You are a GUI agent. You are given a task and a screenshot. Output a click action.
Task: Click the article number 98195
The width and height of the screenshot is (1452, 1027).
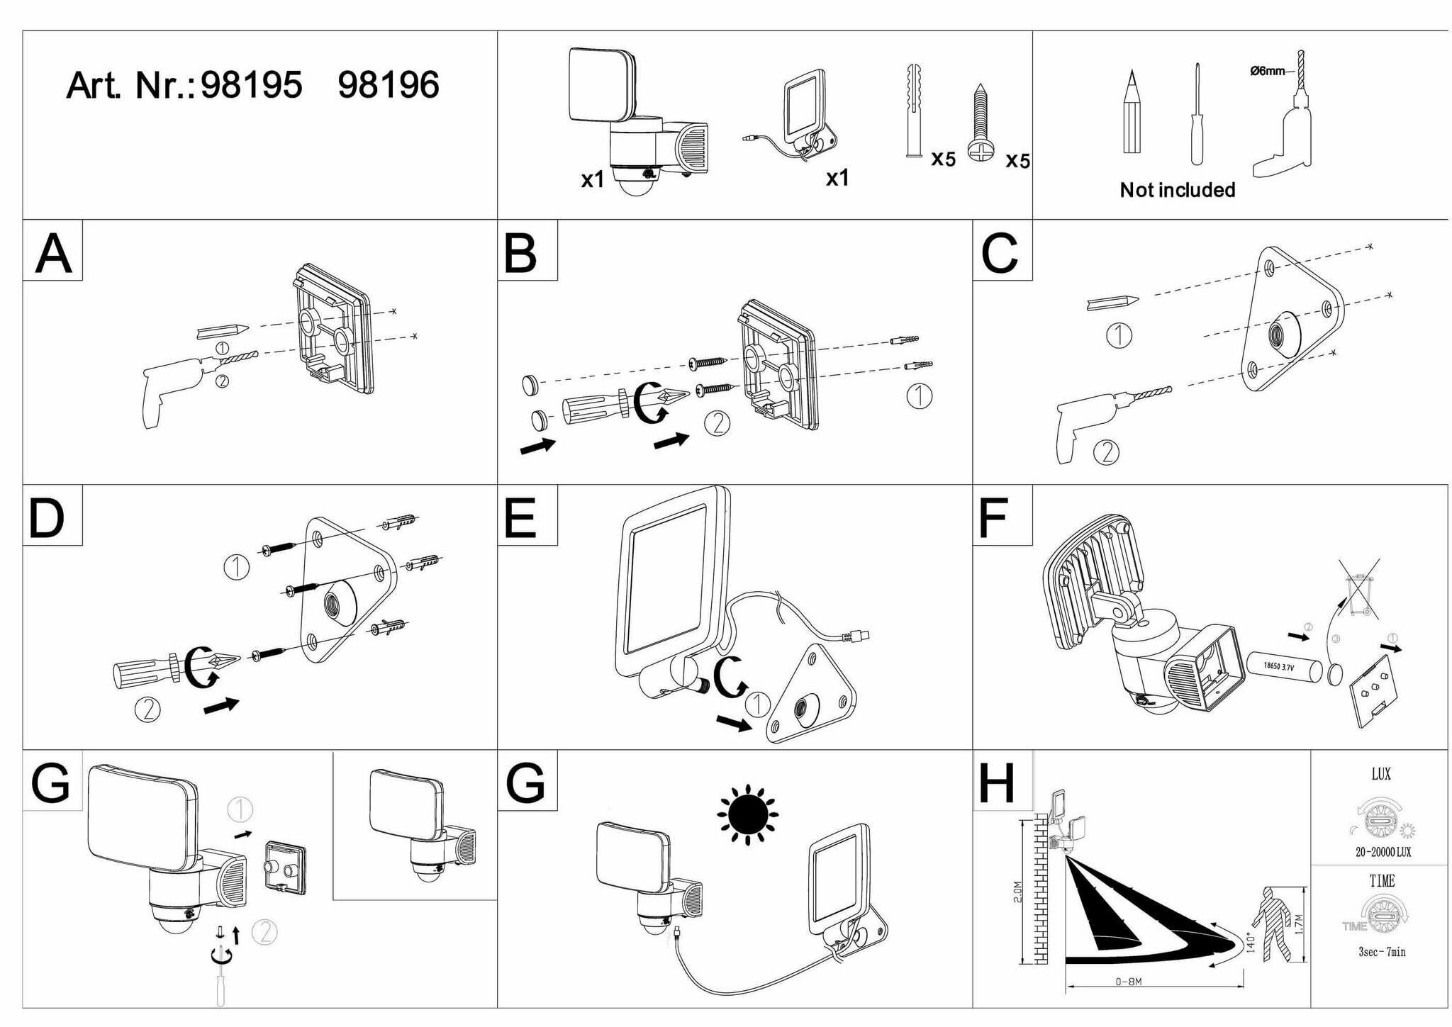(252, 85)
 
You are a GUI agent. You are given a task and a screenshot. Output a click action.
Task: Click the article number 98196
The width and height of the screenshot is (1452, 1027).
(389, 85)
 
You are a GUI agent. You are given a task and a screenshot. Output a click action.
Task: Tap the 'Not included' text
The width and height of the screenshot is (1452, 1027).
(1177, 190)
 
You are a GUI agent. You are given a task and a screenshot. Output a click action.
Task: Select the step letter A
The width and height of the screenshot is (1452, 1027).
(53, 252)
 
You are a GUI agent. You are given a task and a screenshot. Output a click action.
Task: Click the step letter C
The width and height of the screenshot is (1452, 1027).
(1000, 252)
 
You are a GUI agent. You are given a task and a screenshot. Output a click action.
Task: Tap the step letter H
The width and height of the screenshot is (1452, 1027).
(997, 783)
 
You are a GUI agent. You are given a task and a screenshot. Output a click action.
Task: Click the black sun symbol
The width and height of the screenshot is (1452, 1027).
(747, 815)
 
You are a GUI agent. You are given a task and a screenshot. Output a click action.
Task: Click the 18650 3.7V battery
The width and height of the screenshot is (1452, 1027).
(1283, 667)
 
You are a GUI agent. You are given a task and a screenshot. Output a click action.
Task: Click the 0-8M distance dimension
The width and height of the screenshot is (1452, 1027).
(1128, 982)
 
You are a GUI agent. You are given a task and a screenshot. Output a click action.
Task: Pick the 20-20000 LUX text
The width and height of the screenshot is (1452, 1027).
(1383, 852)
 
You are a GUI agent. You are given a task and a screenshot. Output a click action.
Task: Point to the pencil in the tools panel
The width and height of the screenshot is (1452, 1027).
(1132, 113)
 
